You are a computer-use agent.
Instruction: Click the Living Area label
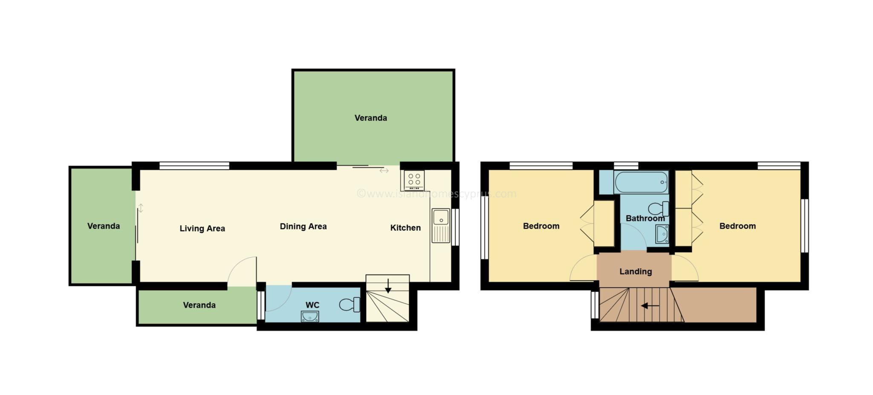point(202,229)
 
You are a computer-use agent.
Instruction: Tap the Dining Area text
point(303,227)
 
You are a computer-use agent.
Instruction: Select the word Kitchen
point(405,228)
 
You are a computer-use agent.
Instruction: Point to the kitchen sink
point(441,226)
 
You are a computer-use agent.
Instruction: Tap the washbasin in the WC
point(310,317)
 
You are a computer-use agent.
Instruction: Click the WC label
point(312,305)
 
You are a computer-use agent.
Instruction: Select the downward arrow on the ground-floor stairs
point(388,286)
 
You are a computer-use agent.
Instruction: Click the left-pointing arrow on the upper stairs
point(650,305)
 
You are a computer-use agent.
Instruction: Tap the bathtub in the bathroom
point(641,183)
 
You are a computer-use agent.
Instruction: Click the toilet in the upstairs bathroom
point(659,209)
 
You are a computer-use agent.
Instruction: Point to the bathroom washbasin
point(662,235)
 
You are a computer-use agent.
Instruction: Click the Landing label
point(636,272)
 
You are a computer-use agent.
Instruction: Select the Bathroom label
point(645,218)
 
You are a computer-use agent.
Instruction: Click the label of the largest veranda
point(371,118)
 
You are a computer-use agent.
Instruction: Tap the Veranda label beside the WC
point(199,305)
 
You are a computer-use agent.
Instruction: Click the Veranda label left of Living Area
point(104,226)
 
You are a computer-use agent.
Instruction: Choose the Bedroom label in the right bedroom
point(737,226)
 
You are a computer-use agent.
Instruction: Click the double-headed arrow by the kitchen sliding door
point(384,171)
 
